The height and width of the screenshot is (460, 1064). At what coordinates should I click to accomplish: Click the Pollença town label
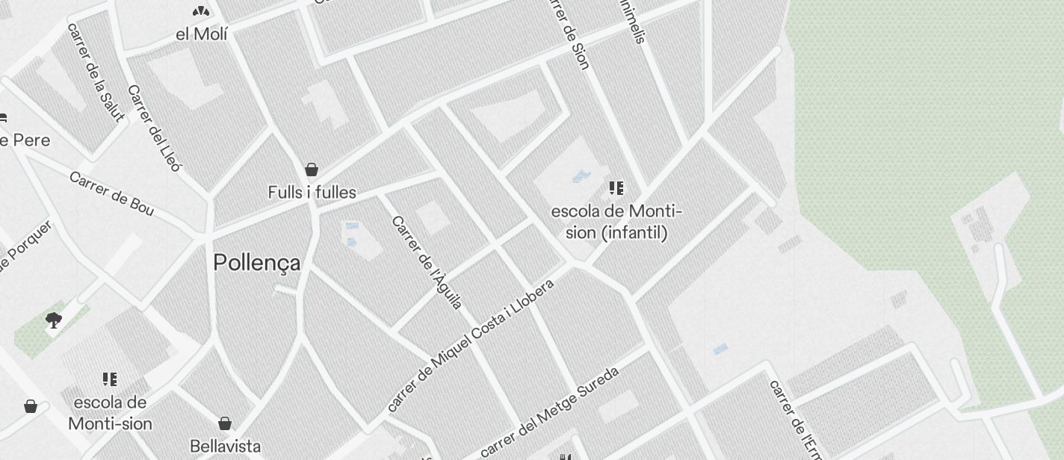click(x=257, y=263)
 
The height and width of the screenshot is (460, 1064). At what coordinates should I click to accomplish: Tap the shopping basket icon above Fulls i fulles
click(x=312, y=170)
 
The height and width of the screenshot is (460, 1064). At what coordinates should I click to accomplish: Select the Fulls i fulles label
click(x=312, y=193)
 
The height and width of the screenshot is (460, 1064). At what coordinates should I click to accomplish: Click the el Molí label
click(x=202, y=34)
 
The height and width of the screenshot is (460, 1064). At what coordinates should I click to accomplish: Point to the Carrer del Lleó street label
click(x=154, y=128)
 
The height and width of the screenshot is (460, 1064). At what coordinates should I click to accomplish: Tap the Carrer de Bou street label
click(x=111, y=194)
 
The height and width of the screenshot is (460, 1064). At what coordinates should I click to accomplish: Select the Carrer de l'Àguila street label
click(x=427, y=262)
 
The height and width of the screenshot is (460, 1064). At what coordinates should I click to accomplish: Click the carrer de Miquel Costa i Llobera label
click(x=471, y=345)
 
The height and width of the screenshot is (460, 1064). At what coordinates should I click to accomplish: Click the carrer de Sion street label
click(x=570, y=34)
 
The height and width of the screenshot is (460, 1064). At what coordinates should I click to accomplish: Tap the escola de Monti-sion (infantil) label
click(x=616, y=222)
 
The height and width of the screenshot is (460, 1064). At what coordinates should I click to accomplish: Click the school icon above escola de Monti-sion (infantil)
click(x=616, y=188)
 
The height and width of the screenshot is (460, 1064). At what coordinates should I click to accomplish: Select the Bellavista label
click(x=226, y=447)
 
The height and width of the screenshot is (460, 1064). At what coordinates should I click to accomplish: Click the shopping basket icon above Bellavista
click(x=224, y=424)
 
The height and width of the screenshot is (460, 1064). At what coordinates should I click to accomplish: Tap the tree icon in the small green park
click(x=53, y=321)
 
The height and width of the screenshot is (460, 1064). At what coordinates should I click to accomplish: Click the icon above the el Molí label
click(x=200, y=11)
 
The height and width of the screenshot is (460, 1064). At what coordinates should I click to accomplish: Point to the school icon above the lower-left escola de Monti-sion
click(x=110, y=379)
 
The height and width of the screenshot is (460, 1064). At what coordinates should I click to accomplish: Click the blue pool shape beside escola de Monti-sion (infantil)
click(x=581, y=178)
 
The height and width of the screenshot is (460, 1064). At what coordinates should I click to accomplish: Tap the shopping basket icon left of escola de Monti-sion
click(x=31, y=406)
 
